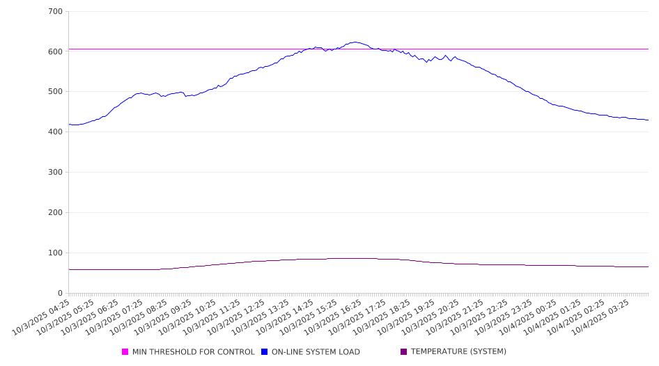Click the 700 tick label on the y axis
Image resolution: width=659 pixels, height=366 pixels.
coord(56,12)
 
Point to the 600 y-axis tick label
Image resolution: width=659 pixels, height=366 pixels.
coord(56,51)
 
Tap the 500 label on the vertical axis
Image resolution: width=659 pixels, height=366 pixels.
coord(56,92)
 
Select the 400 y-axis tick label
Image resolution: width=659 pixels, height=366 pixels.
coord(56,132)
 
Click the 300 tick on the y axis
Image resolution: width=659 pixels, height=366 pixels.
coord(56,173)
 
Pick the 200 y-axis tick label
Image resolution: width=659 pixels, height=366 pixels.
coord(56,213)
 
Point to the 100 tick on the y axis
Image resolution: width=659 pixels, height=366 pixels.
coord(56,253)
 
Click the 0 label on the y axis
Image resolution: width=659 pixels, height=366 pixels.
coord(61,294)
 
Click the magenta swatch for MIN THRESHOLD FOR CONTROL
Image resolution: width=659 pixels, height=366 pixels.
coord(125,352)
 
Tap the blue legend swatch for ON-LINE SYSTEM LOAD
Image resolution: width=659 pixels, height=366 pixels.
coord(265,352)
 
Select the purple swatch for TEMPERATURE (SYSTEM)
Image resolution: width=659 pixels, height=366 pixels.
coord(404,352)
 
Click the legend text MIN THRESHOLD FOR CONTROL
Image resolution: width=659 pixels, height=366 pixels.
coord(194,352)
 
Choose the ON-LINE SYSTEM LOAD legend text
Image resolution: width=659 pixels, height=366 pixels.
coord(316,352)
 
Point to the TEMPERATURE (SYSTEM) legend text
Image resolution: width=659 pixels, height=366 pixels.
coord(458,352)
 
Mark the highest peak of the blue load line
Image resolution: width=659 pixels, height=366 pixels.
coord(355,42)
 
